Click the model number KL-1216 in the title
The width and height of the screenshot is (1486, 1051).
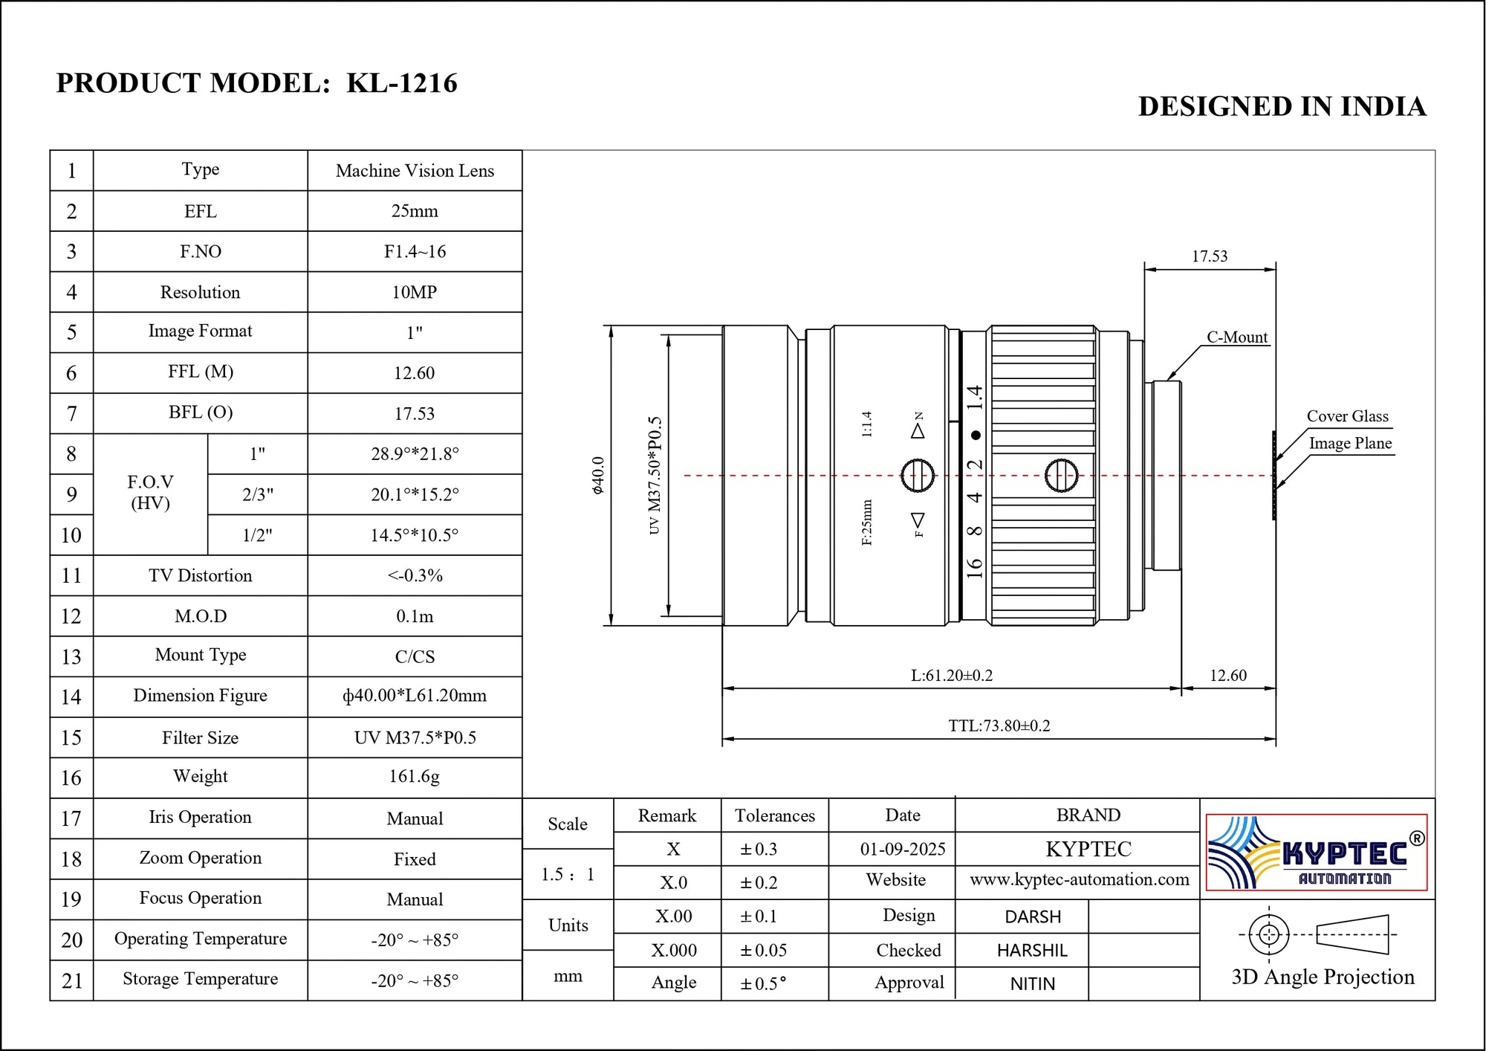(x=401, y=83)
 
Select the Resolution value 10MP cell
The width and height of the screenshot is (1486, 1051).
(x=414, y=292)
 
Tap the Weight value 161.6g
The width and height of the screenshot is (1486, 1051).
(x=414, y=777)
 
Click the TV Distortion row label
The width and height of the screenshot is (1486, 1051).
(x=200, y=575)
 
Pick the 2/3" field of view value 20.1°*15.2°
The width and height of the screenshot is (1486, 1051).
(x=414, y=494)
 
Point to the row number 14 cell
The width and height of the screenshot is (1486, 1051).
(x=71, y=697)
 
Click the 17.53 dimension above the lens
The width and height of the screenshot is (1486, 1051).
(x=1209, y=256)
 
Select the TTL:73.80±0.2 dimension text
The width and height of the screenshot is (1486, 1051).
(x=999, y=725)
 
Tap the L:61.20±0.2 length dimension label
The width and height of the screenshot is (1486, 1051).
(x=951, y=676)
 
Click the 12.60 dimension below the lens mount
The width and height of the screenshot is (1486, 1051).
(x=1227, y=676)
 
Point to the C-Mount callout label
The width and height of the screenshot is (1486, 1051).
(x=1236, y=337)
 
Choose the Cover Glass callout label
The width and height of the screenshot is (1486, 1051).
(x=1347, y=416)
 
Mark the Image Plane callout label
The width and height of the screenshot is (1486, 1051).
(x=1349, y=444)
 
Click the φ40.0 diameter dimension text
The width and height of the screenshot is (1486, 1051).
(x=597, y=476)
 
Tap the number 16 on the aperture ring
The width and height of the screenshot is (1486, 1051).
(x=974, y=568)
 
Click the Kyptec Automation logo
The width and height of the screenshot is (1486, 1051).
(x=1316, y=853)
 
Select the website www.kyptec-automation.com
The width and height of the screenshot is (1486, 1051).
(x=1078, y=880)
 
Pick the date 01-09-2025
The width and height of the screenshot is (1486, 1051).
(x=902, y=849)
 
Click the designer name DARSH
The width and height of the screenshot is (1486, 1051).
(x=1032, y=917)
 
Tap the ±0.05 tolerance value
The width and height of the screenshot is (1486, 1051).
(x=763, y=951)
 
